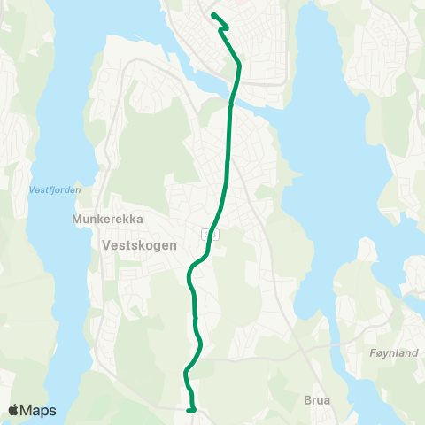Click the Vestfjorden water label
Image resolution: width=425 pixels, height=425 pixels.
[55, 189]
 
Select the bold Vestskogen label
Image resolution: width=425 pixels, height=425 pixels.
[140, 245]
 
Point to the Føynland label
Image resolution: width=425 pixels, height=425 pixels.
[392, 352]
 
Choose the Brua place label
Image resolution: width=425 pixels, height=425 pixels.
[317, 399]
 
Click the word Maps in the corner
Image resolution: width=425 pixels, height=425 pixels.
[38, 410]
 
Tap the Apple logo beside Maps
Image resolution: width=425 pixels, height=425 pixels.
[13, 410]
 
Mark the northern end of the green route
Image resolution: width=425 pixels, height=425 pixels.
[213, 14]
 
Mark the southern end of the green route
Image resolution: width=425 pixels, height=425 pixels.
[191, 410]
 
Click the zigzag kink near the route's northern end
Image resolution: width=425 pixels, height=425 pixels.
[224, 27]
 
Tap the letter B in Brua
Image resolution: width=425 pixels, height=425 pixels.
[306, 399]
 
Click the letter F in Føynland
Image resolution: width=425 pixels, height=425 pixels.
[370, 352]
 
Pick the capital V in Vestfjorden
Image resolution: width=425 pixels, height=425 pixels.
[32, 189]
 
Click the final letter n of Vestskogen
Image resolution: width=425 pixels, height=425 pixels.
[174, 245]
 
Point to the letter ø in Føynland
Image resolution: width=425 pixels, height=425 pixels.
[377, 352]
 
